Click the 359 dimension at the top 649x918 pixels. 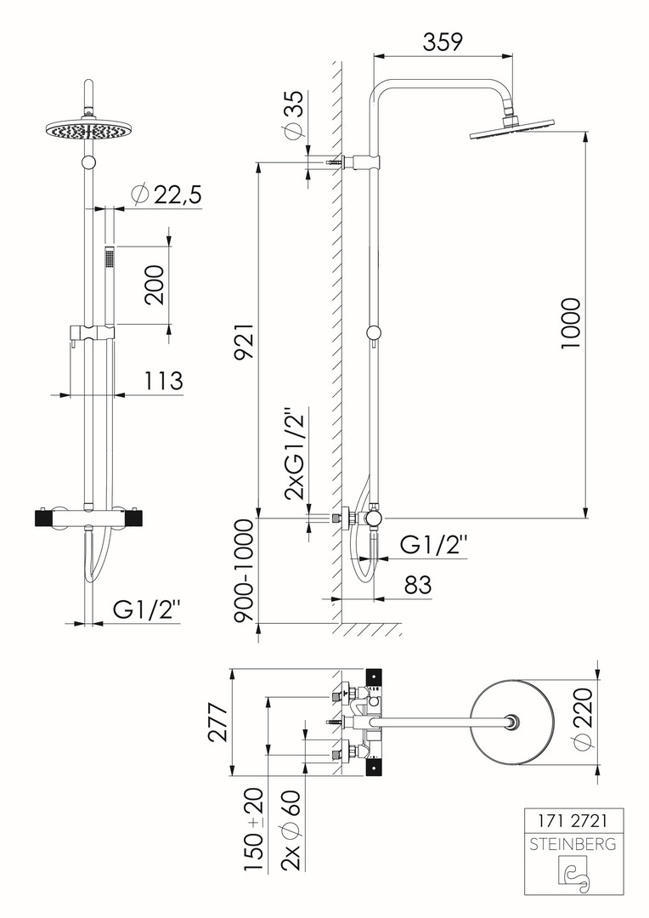coord(443,42)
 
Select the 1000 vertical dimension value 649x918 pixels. coord(570,324)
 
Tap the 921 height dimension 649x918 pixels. coord(244,341)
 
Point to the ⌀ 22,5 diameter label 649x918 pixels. coord(166,195)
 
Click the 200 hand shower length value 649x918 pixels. coord(155,285)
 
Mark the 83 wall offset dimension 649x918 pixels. coord(418,584)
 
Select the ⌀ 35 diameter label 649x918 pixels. coord(295,115)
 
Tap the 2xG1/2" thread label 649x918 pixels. coord(295,454)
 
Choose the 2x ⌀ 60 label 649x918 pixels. coord(291,830)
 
